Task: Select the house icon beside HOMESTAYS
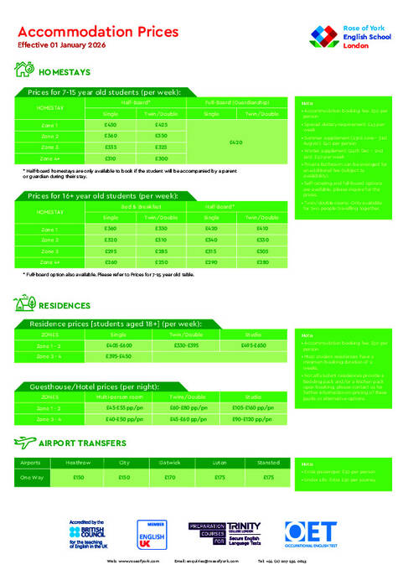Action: point(25,72)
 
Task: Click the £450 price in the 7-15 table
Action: point(111,125)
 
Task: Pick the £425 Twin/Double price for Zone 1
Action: point(162,125)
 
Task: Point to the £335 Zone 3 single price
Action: point(111,147)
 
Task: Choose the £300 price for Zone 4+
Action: point(162,158)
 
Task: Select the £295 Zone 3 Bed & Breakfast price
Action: point(111,251)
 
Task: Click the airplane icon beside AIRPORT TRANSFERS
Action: point(25,443)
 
